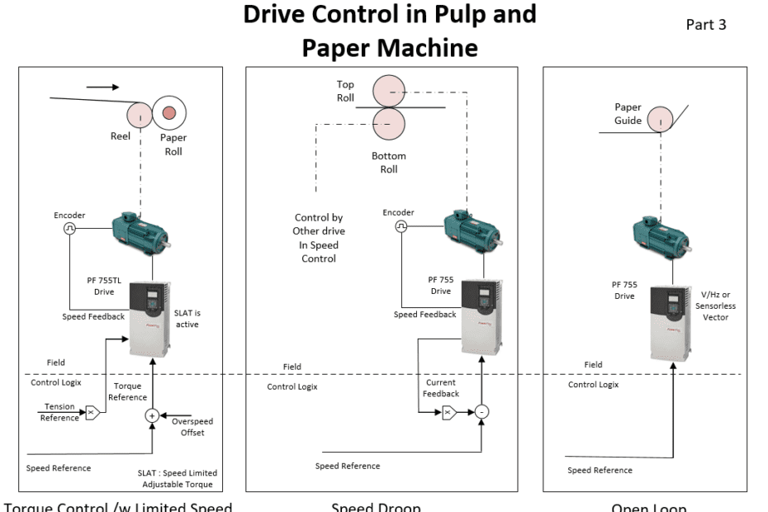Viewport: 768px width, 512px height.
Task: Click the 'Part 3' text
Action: (x=706, y=25)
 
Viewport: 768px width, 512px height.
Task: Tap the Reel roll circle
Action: (x=141, y=114)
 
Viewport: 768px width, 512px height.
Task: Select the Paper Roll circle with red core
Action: (x=169, y=113)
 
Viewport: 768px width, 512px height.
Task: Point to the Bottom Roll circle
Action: (x=389, y=123)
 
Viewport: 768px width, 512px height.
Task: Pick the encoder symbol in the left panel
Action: (x=70, y=230)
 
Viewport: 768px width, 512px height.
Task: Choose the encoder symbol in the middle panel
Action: (x=401, y=226)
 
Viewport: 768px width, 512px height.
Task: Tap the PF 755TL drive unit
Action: (x=149, y=317)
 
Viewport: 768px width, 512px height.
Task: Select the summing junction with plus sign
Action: (x=152, y=416)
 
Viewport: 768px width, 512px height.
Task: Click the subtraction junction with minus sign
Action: (x=481, y=411)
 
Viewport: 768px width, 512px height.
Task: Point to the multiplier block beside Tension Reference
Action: (x=92, y=411)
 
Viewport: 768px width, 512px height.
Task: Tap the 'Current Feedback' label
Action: (x=442, y=388)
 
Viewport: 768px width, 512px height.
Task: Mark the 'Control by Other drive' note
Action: (x=319, y=238)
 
